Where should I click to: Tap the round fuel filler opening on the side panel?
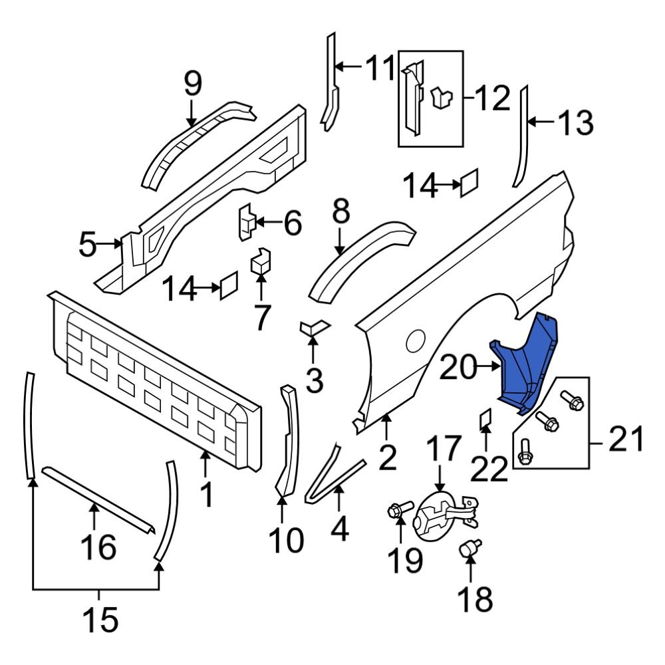click(416, 340)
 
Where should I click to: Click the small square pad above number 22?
click(485, 419)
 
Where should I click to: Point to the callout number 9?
click(192, 84)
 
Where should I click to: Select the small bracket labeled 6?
click(247, 221)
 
